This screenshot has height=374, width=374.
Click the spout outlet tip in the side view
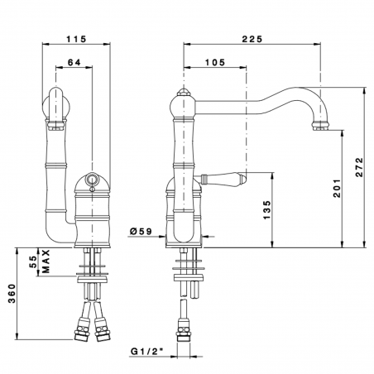tap(320, 125)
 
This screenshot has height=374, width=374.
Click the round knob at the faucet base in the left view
tap(92, 181)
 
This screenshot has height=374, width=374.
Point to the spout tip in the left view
tap(56, 124)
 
